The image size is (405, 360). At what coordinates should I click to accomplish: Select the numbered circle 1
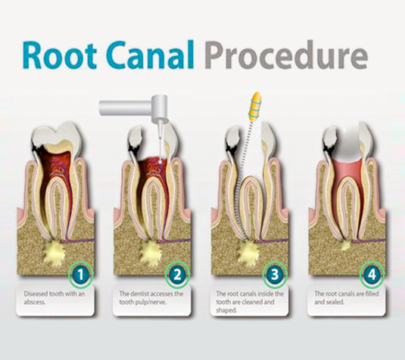pyautogui.click(x=80, y=275)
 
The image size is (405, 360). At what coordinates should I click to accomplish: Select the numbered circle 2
pyautogui.click(x=177, y=275)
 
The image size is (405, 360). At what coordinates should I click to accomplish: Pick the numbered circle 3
pyautogui.click(x=274, y=275)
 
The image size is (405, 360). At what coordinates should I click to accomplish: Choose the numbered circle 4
pyautogui.click(x=372, y=275)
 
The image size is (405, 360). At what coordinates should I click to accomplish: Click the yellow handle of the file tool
pyautogui.click(x=254, y=107)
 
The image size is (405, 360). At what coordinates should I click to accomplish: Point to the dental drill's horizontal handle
pyautogui.click(x=125, y=108)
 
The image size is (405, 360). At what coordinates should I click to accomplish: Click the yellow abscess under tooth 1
pyautogui.click(x=54, y=252)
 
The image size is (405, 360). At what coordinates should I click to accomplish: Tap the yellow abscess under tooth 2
pyautogui.click(x=151, y=252)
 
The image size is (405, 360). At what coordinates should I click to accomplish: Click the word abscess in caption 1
pyautogui.click(x=35, y=302)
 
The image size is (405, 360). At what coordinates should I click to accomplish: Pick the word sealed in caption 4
pyautogui.click(x=336, y=302)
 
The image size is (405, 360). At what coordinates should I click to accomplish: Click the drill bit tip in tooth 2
pyautogui.click(x=160, y=162)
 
